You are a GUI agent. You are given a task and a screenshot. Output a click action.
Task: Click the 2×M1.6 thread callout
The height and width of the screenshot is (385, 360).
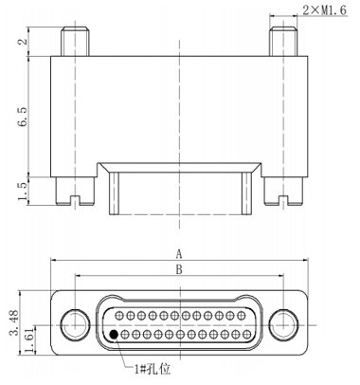[x=324, y=10]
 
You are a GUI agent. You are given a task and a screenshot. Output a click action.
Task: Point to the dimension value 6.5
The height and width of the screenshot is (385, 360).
[x=23, y=117]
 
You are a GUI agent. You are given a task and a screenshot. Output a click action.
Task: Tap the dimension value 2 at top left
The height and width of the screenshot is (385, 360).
[x=23, y=41]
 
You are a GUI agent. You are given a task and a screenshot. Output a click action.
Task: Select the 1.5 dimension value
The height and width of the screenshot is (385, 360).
[x=23, y=191]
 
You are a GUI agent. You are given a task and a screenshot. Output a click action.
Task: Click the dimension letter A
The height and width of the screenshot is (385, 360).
[x=179, y=254]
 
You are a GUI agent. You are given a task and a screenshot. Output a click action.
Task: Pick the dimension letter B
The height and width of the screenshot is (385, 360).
[x=179, y=269]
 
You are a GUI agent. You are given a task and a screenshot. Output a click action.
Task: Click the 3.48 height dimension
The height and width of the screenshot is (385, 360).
[x=15, y=323]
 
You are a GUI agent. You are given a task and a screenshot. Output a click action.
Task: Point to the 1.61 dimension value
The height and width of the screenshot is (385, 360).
[x=30, y=342]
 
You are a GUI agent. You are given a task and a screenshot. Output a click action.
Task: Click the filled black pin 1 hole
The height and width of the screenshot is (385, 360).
[x=114, y=334]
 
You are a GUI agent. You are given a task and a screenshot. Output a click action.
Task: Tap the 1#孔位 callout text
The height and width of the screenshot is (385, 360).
[x=153, y=369]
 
